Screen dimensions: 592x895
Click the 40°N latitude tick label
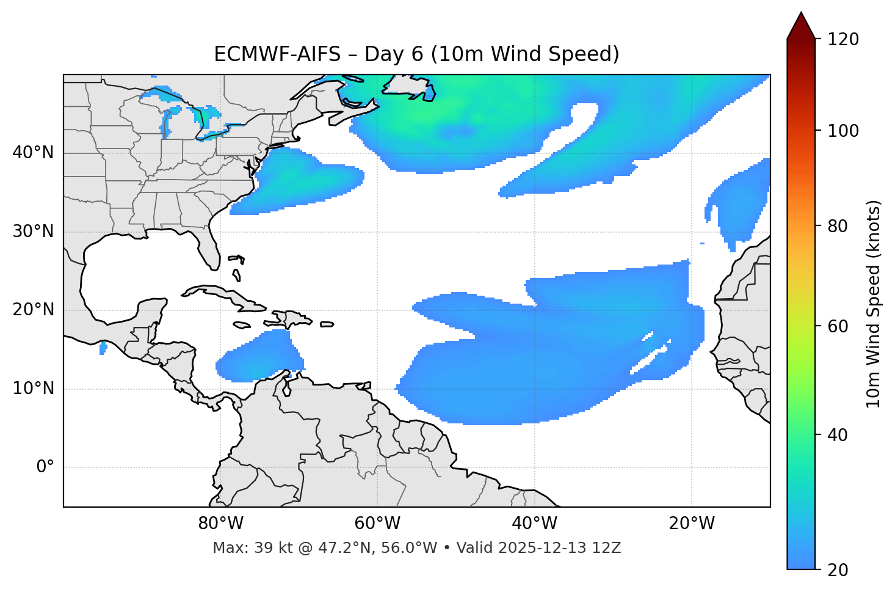pyautogui.click(x=33, y=153)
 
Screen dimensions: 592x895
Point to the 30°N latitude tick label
pyautogui.click(x=33, y=232)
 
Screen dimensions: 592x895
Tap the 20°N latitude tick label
pyautogui.click(x=33, y=310)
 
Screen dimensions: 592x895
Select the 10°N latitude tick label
pyautogui.click(x=33, y=389)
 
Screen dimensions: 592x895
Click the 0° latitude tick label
pyautogui.click(x=45, y=467)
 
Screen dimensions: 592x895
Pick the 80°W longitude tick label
pyautogui.click(x=220, y=524)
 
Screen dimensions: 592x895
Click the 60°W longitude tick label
pyautogui.click(x=377, y=524)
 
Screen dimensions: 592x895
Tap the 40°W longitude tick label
pyautogui.click(x=534, y=524)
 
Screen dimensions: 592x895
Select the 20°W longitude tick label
pyautogui.click(x=692, y=524)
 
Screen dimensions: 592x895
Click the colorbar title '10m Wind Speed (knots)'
pyautogui.click(x=874, y=304)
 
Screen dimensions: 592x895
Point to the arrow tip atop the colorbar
pyautogui.click(x=801, y=13)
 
